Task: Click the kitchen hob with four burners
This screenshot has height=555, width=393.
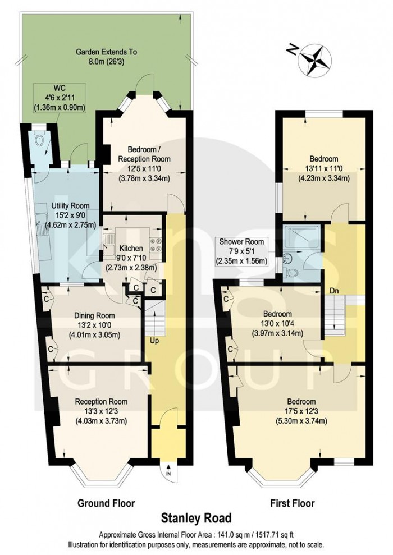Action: (155, 245)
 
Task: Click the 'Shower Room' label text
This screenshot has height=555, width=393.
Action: (241, 242)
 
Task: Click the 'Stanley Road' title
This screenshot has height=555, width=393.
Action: (196, 519)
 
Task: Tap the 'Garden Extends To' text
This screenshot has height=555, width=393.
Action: (107, 52)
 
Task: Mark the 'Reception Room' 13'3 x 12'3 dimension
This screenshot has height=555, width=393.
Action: (98, 411)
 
